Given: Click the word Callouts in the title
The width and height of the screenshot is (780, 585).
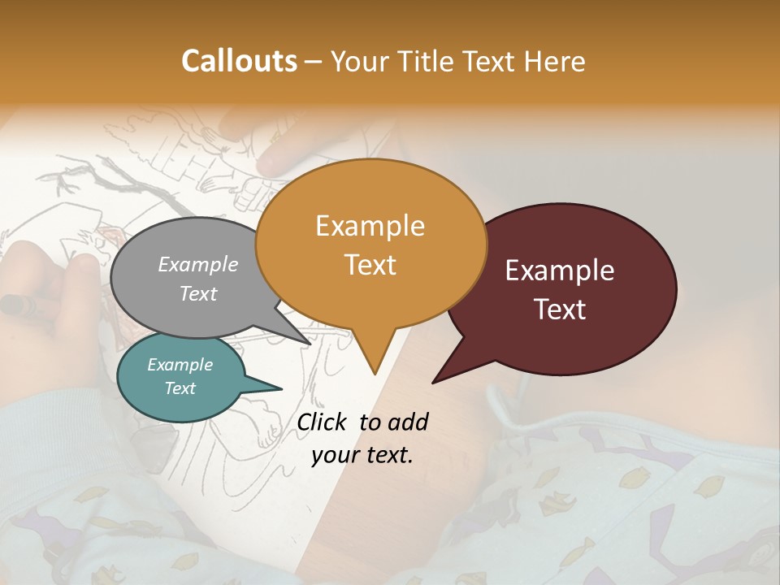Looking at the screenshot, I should click(x=239, y=61).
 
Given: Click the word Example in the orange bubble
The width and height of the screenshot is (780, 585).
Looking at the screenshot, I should click(x=370, y=226).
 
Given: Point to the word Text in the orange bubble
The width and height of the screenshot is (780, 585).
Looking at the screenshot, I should click(x=370, y=265).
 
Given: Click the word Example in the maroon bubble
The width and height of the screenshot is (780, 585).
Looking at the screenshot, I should click(x=560, y=271).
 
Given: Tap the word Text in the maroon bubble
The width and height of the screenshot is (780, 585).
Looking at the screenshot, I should click(x=561, y=310).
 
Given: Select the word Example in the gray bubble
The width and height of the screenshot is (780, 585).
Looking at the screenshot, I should click(x=197, y=264).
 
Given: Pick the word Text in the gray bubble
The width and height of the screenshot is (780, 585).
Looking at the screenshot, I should click(x=197, y=293).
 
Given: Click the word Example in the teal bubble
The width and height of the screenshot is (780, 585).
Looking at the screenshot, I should click(x=180, y=365).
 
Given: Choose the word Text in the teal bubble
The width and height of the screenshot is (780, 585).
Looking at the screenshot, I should click(x=180, y=388).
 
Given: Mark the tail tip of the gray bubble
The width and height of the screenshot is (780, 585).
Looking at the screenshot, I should click(x=310, y=344).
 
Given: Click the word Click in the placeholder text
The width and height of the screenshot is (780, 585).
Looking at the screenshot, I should click(x=323, y=422).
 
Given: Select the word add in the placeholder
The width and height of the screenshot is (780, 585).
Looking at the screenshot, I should click(x=408, y=422).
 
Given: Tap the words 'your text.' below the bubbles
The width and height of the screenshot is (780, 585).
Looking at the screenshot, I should click(x=362, y=455).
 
